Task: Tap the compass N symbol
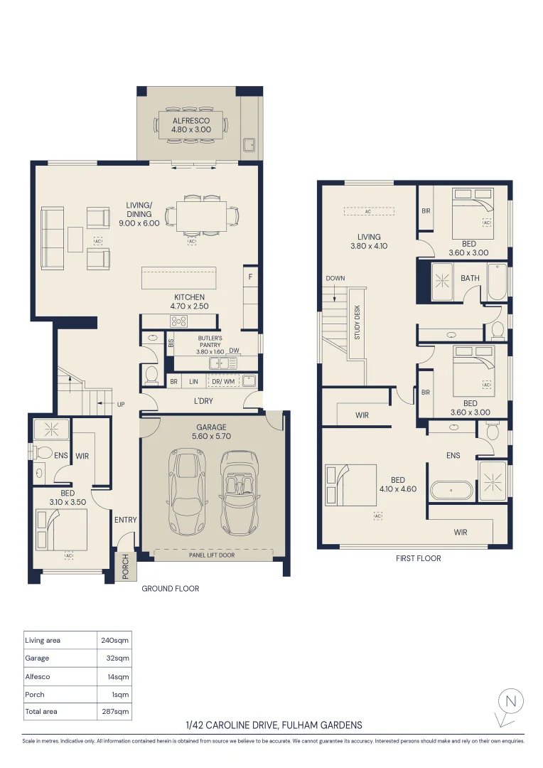[510, 702]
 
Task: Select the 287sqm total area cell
[114, 711]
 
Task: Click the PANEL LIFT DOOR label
[212, 555]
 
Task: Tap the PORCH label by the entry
[126, 567]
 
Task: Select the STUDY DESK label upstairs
[357, 323]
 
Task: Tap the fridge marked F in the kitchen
[250, 277]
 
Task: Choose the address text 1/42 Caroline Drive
[273, 725]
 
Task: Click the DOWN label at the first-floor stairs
[335, 278]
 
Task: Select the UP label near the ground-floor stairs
[120, 404]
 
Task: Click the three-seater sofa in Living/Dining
[51, 238]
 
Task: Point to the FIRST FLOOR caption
[418, 559]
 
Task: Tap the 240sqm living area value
[114, 641]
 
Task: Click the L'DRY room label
[204, 402]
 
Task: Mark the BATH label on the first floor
[470, 278]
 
